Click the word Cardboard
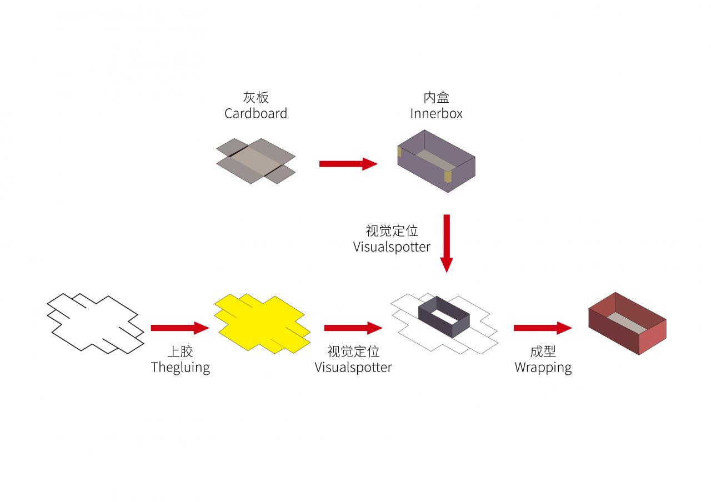point(256,114)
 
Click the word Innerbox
point(436,114)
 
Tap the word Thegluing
point(180,367)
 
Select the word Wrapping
point(543,367)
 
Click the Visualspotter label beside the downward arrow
point(392,247)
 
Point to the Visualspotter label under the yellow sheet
point(353,367)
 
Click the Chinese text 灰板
point(256,98)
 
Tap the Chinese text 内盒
point(436,98)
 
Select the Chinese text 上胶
point(180,352)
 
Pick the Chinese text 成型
point(543,352)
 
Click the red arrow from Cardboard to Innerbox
point(348,164)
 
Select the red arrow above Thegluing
point(179,328)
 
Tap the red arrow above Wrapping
point(542,328)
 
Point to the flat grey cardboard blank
point(256,161)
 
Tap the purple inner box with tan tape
point(437,161)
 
